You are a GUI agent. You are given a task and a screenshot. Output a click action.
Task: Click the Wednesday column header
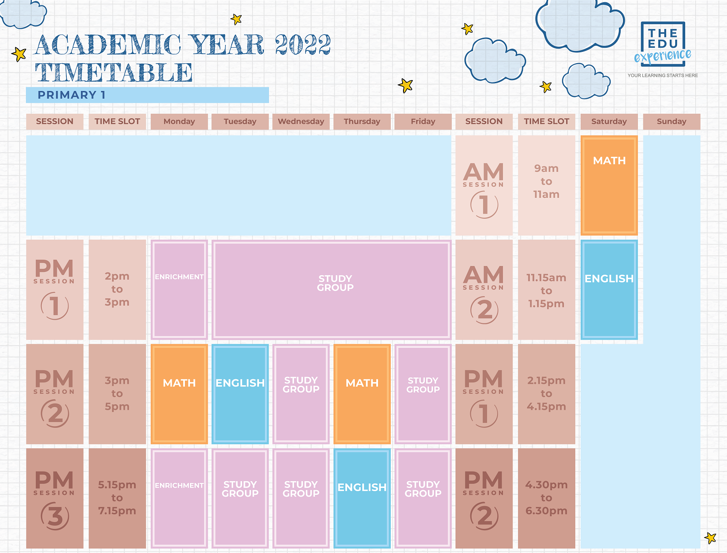301,121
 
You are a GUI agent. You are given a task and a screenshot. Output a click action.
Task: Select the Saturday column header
609,121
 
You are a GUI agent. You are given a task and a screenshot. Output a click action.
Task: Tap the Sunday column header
671,121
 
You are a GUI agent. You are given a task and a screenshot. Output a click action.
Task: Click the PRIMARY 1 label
72,95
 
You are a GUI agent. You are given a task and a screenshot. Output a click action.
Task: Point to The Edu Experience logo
663,45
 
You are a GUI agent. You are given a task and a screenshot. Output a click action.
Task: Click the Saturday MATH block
609,185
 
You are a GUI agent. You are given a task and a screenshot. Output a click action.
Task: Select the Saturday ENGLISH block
609,290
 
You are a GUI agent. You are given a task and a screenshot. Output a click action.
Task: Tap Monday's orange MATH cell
179,394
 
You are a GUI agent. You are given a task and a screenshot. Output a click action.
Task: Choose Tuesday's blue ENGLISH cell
240,394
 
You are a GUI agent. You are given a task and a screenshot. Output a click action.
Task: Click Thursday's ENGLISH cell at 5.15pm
362,498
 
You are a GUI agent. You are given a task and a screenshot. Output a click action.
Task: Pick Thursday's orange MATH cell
362,394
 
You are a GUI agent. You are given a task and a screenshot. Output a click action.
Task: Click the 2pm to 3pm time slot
117,289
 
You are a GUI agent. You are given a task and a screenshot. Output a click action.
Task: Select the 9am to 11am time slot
546,181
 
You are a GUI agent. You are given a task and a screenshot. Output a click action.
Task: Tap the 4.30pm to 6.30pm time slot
546,498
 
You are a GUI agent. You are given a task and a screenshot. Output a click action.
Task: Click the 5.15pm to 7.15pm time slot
117,498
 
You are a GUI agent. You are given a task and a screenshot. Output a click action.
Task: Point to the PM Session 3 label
55,498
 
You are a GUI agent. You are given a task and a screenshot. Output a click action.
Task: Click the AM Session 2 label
484,290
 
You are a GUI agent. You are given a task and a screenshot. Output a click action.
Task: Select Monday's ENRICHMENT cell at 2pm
179,290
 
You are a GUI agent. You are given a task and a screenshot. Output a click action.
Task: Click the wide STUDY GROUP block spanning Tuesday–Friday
332,290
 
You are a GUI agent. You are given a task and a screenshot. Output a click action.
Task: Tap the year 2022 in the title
303,45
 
